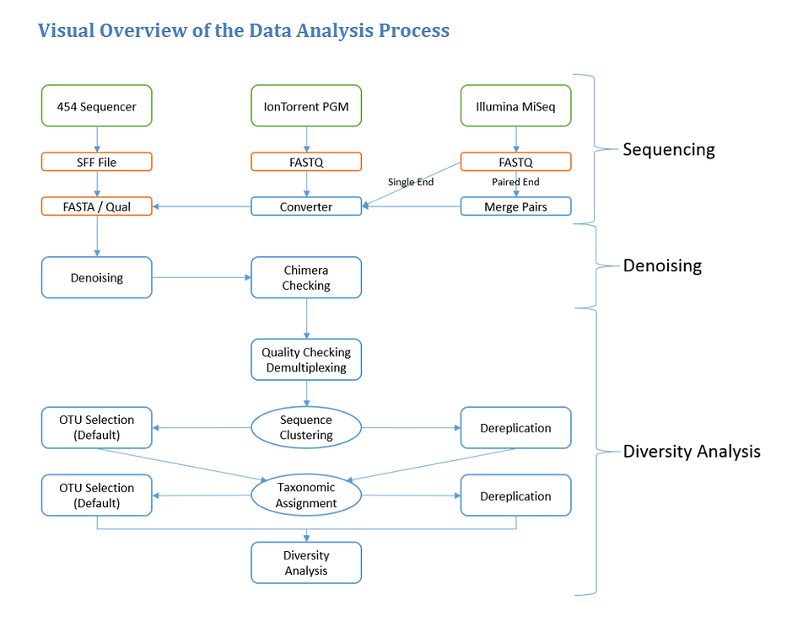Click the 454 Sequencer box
(x=97, y=106)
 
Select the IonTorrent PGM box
(x=306, y=106)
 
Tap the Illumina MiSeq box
(x=515, y=106)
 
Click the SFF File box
(x=97, y=162)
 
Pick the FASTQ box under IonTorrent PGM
(x=306, y=162)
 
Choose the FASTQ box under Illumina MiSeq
(x=515, y=162)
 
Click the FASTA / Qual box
(x=97, y=206)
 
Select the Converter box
(x=306, y=206)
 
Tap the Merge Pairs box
(x=515, y=206)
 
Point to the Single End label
(x=411, y=182)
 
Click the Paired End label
(x=515, y=182)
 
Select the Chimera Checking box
(x=306, y=278)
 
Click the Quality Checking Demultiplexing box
(x=306, y=360)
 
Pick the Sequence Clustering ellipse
(x=306, y=428)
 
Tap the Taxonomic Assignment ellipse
(x=306, y=495)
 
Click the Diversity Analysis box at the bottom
(x=306, y=563)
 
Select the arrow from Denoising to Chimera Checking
(x=202, y=277)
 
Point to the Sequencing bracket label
(x=668, y=150)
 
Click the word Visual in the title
(x=66, y=31)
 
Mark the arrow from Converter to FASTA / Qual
(x=202, y=206)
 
